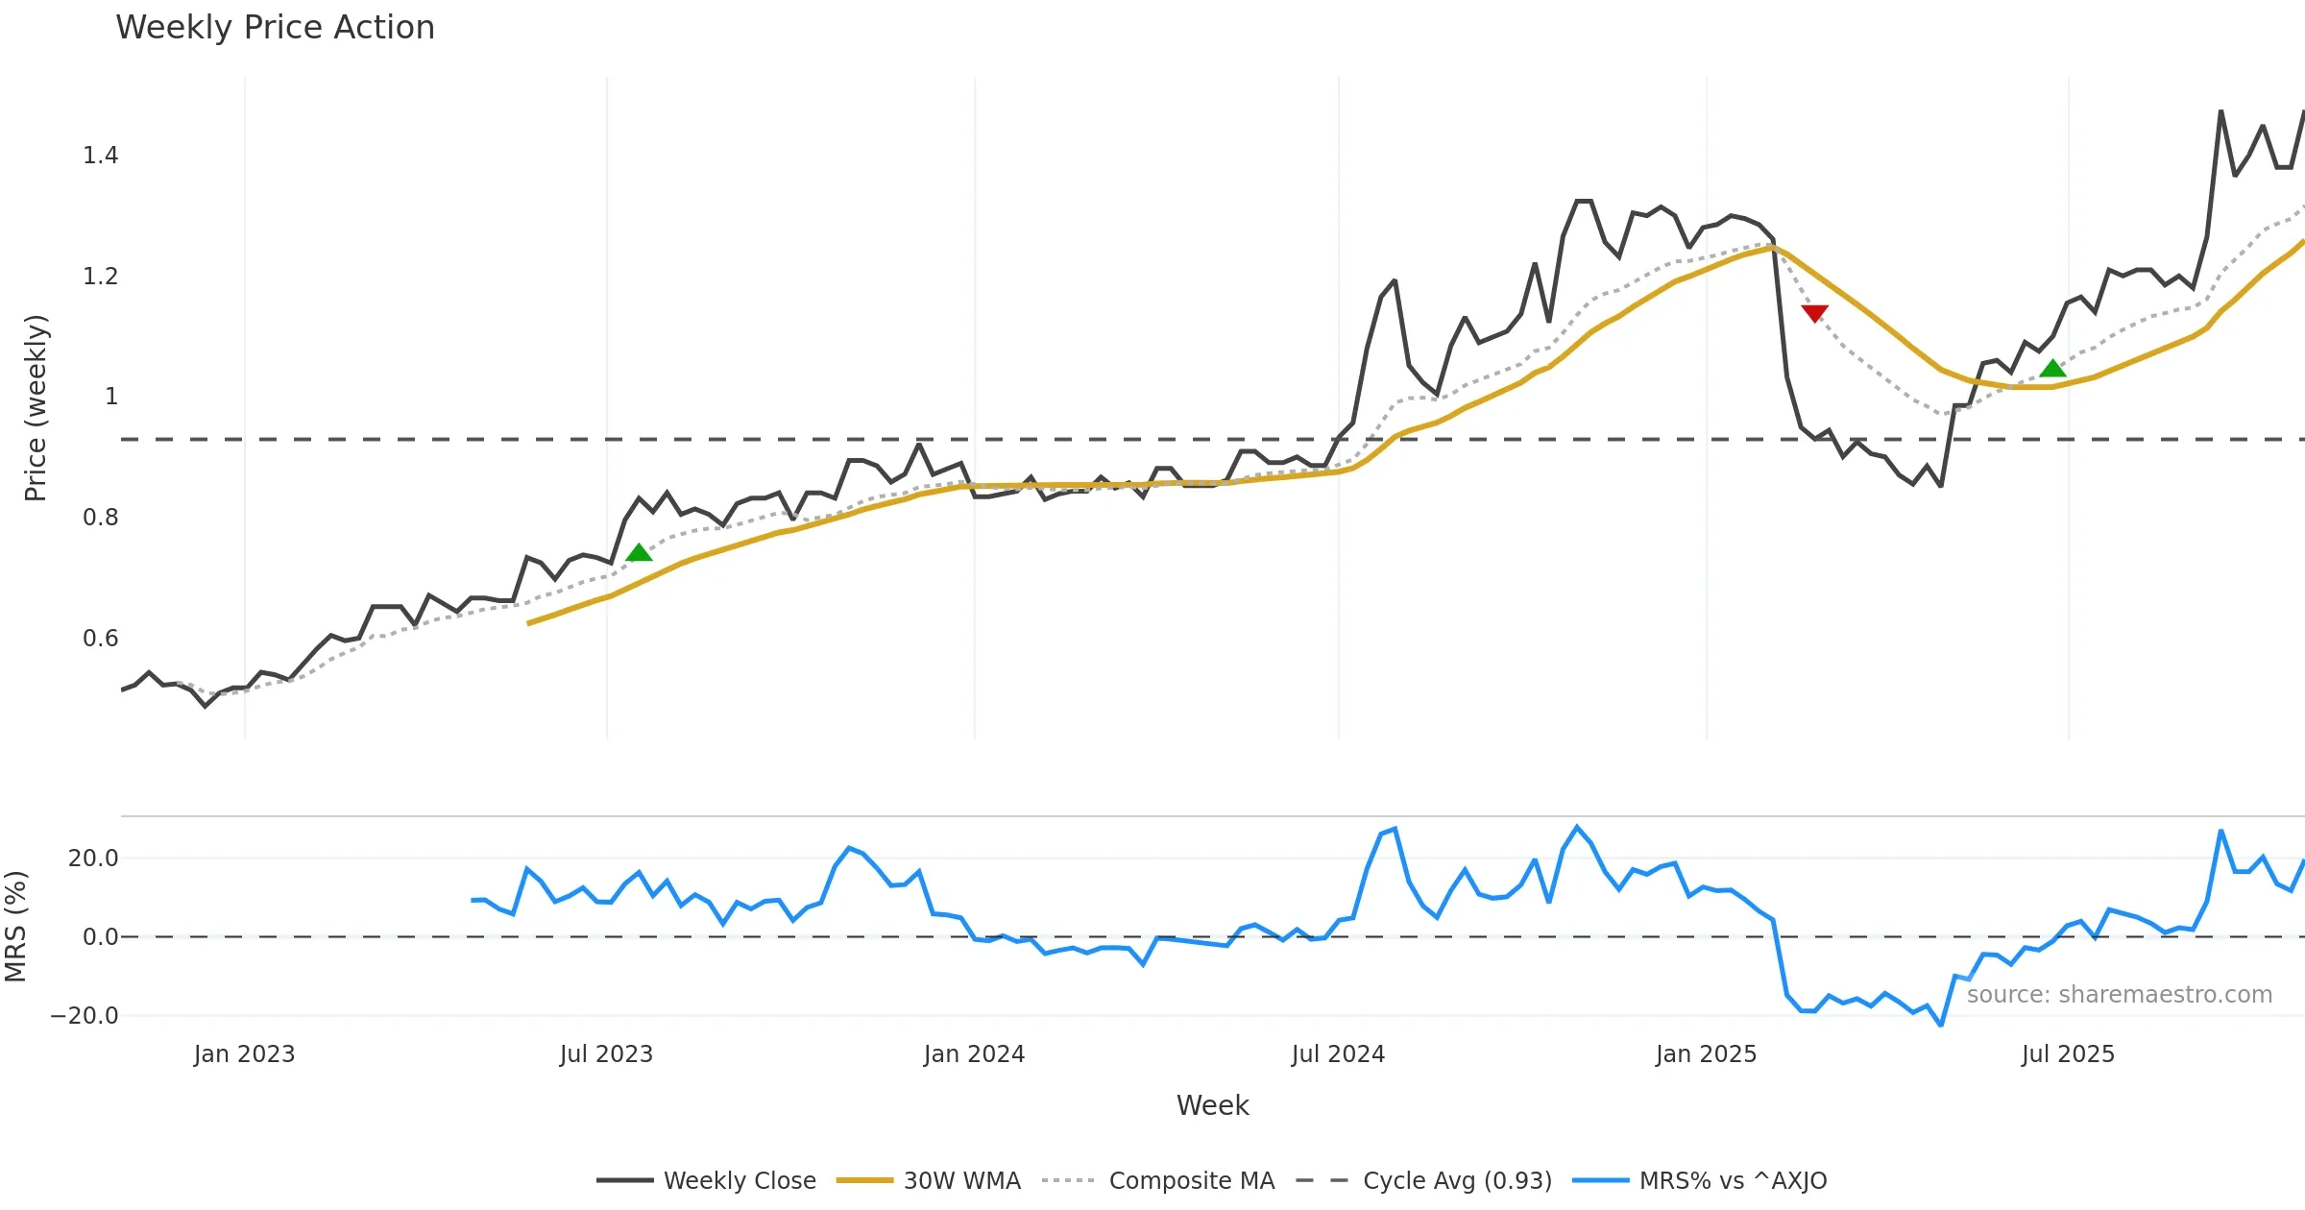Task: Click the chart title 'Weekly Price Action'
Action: tap(275, 28)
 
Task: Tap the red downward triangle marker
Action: tap(1814, 313)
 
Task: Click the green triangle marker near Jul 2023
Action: tap(639, 552)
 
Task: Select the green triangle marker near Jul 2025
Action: tap(2052, 369)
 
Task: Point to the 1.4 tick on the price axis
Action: tap(100, 156)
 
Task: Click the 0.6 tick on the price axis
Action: tap(100, 639)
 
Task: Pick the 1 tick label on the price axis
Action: tap(111, 397)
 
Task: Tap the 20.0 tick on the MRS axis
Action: tap(93, 859)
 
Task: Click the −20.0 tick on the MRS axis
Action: tap(85, 1016)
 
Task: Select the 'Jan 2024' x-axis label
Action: tap(974, 1054)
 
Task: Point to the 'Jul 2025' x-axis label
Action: tap(2068, 1054)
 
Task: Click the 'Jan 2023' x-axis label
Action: tap(244, 1054)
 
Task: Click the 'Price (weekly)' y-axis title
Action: tap(36, 408)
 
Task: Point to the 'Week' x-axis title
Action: tap(1212, 1106)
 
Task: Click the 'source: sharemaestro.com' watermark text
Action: tap(2119, 995)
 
